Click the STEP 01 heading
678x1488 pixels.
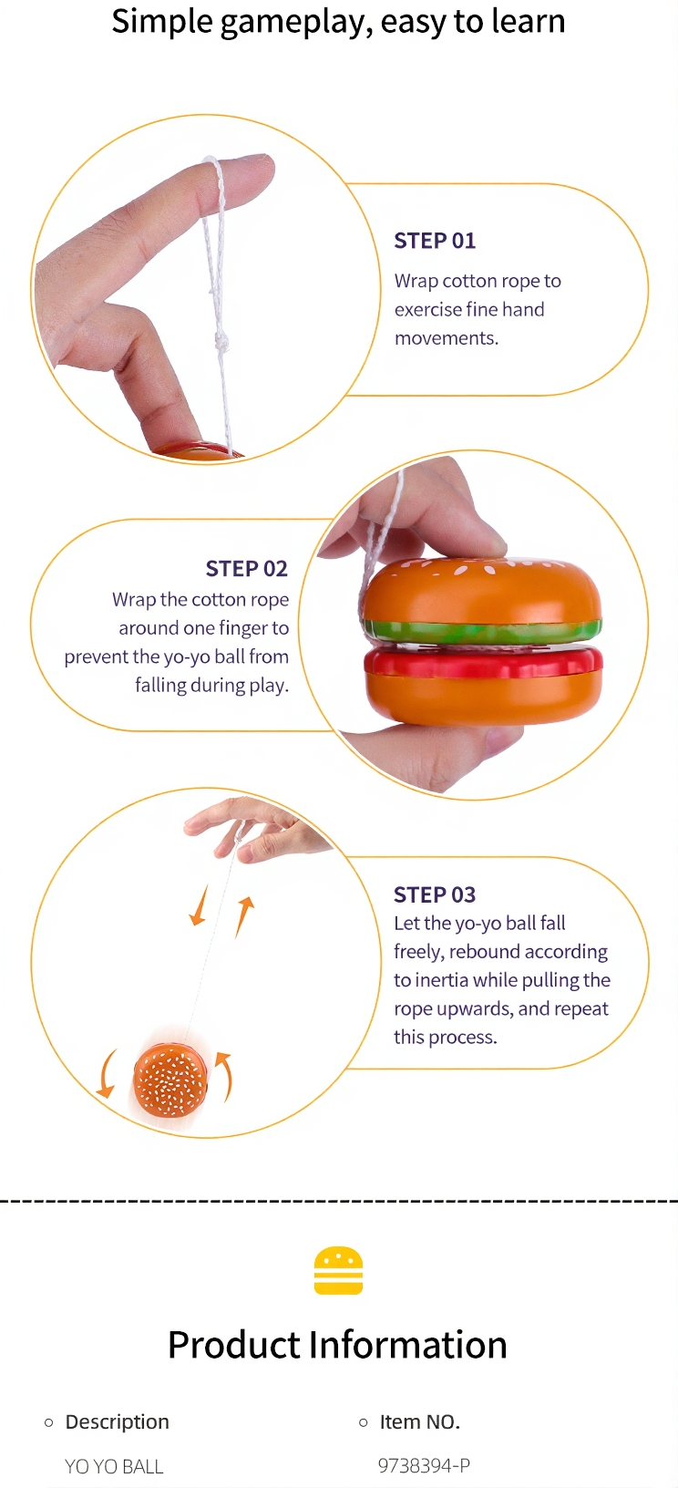435,241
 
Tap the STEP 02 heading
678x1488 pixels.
246,569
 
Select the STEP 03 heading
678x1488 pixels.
435,894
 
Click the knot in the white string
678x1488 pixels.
221,343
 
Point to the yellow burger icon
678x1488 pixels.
339,1270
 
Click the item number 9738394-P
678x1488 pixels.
424,1465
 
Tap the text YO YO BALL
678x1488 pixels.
114,1466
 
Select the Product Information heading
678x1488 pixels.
338,1345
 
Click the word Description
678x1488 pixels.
117,1421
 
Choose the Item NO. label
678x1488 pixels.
420,1421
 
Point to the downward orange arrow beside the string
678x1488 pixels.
200,904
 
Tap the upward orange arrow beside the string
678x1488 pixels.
244,916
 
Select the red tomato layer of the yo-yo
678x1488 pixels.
484,662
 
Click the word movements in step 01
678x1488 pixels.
447,338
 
